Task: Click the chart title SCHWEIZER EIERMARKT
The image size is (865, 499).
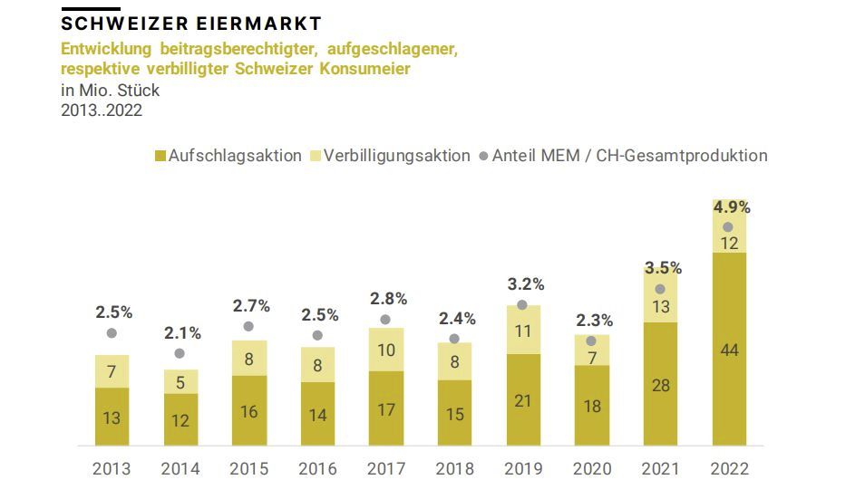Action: [x=191, y=23]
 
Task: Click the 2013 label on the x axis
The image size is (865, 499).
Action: [x=112, y=469]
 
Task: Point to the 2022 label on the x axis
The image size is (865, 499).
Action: [x=729, y=469]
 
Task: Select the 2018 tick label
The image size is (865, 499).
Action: [x=454, y=469]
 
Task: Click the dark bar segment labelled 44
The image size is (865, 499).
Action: [x=729, y=350]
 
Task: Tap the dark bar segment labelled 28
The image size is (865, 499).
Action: [x=660, y=385]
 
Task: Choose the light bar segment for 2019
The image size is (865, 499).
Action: [x=523, y=331]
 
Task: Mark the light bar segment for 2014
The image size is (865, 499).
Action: [x=180, y=382]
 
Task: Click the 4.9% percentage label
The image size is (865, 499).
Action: [x=731, y=207]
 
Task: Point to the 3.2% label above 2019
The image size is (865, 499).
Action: [x=524, y=284]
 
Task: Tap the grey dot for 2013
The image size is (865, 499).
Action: [x=112, y=333]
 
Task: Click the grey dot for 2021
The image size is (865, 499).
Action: [x=660, y=290]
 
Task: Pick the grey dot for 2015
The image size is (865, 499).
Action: [x=248, y=326]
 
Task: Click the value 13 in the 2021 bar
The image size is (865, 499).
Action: [x=661, y=307]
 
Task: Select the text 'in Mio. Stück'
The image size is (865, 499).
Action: [x=110, y=91]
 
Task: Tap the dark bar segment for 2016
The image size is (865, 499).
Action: [x=317, y=414]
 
